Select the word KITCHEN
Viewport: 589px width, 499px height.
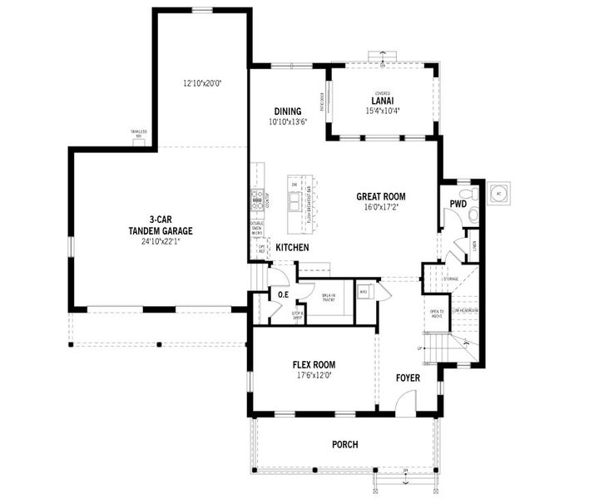coord(292,248)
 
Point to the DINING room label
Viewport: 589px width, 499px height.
coord(288,111)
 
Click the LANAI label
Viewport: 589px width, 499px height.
coord(383,102)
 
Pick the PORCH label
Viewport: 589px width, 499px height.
coord(344,445)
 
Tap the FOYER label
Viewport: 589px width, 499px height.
coord(408,378)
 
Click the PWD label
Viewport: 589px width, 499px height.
coord(458,204)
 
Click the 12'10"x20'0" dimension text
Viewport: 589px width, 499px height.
coord(202,83)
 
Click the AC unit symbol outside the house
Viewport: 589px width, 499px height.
coord(500,192)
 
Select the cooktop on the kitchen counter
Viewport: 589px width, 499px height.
coord(257,198)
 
